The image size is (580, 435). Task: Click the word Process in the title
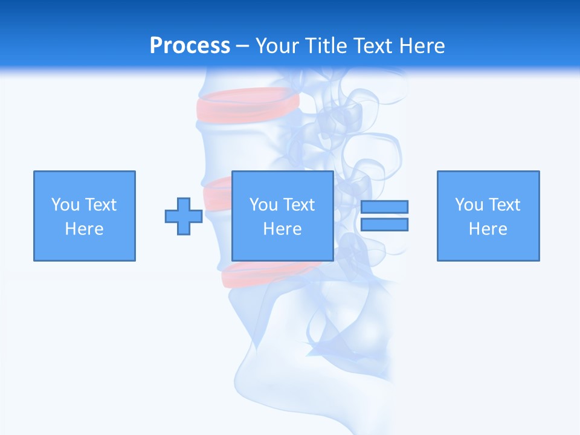pyautogui.click(x=190, y=46)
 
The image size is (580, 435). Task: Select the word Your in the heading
pyautogui.click(x=279, y=46)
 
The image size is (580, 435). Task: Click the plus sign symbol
pyautogui.click(x=184, y=216)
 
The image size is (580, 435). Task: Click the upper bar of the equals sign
pyautogui.click(x=384, y=207)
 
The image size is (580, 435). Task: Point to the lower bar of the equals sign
pyautogui.click(x=384, y=224)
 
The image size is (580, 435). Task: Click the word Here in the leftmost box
pyautogui.click(x=85, y=229)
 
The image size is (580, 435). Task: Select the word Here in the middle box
pyautogui.click(x=283, y=229)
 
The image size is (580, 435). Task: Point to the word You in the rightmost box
pyautogui.click(x=469, y=205)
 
